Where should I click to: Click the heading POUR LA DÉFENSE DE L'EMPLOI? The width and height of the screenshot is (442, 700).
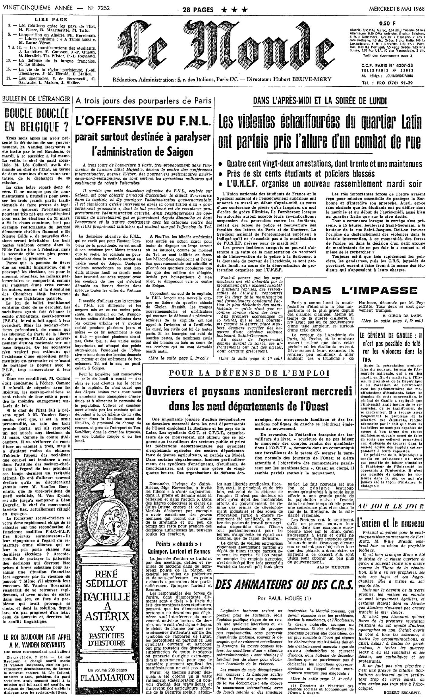tap(249, 373)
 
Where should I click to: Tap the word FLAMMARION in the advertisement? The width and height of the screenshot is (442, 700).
tap(107, 678)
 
